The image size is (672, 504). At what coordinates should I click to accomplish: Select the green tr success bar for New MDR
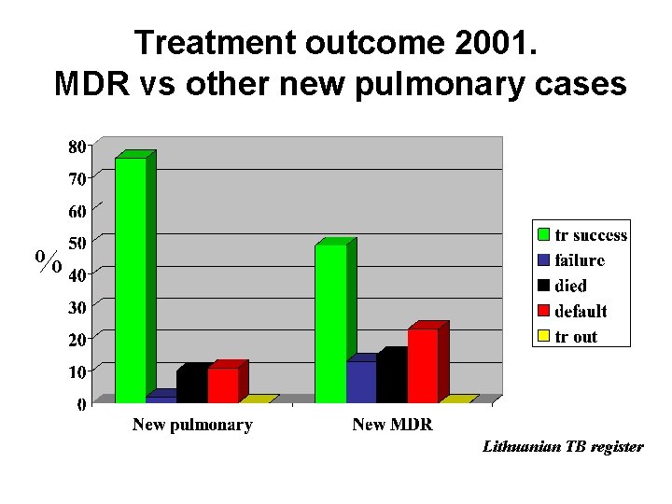330,323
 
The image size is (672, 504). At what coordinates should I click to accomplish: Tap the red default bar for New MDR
423,365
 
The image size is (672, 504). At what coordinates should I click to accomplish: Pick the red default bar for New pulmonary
223,385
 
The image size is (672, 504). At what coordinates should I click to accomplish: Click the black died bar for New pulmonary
191,385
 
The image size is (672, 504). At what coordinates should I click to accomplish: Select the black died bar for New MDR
391,377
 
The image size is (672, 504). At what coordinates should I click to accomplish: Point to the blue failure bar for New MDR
361,382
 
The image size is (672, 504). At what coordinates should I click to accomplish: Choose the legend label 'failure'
580,260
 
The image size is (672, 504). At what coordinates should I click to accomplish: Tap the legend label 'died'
570,286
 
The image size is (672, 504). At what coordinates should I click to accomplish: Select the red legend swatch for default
543,311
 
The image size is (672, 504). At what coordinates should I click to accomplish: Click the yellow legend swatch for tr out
543,336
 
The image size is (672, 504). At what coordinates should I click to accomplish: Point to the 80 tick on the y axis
77,146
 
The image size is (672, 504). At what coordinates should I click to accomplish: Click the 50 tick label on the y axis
77,243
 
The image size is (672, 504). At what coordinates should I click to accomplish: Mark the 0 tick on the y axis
81,404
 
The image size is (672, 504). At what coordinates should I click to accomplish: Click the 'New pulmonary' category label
192,426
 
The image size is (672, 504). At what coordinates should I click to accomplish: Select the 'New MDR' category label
392,426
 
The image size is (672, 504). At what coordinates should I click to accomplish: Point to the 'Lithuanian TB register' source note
562,447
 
